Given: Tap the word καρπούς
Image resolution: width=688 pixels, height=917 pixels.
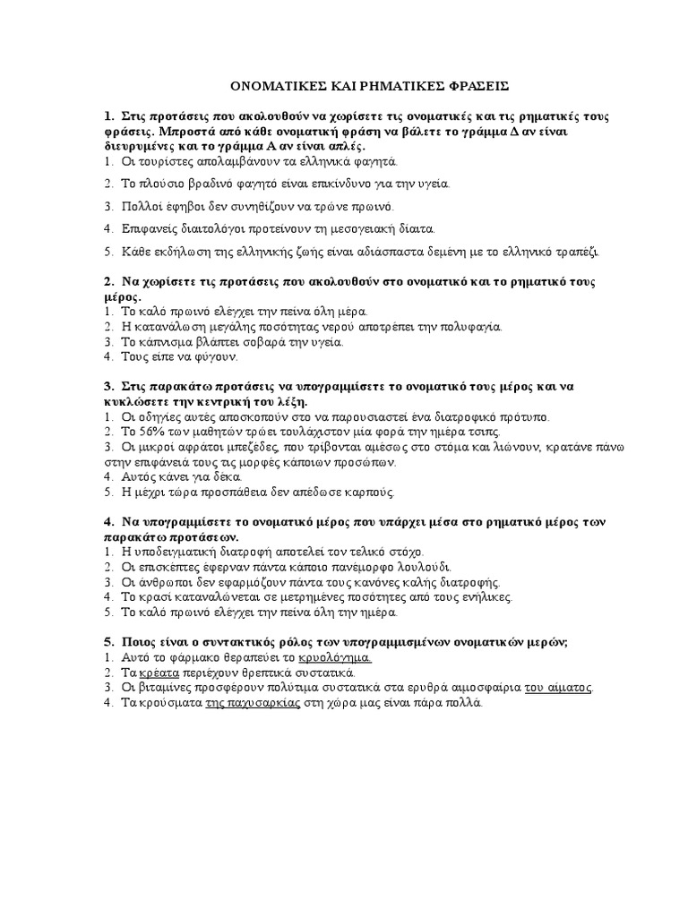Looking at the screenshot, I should pos(370,492).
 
